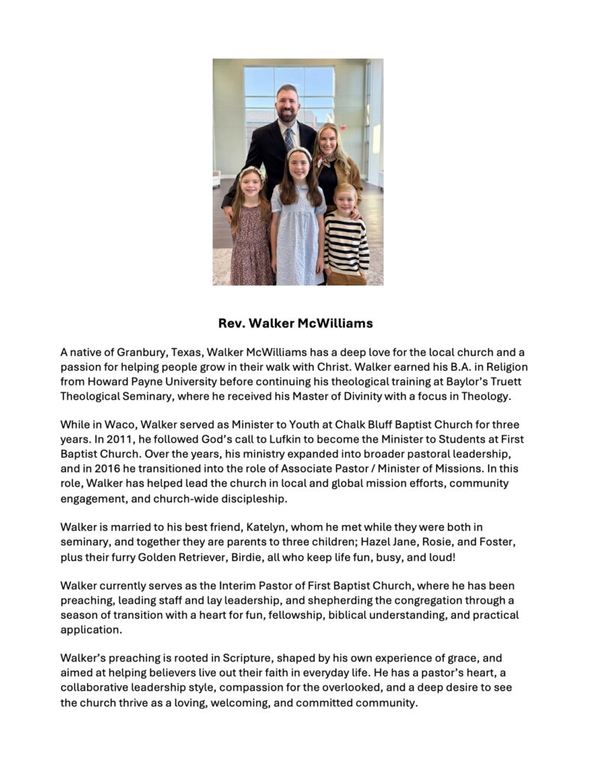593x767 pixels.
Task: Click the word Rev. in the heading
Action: [x=232, y=324]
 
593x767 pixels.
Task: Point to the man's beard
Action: [x=288, y=116]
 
